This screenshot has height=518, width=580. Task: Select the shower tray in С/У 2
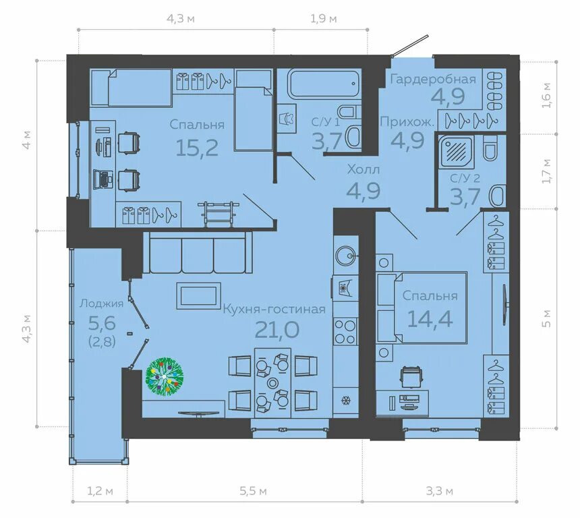[x=456, y=150]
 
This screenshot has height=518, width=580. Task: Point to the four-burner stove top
[x=345, y=332]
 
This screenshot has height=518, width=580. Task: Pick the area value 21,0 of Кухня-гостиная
[x=277, y=329]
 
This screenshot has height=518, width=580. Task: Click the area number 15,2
[x=197, y=147]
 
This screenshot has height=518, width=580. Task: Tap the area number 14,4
[x=430, y=318]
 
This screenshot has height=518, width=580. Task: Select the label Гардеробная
[x=433, y=79]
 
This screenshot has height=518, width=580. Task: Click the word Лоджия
[x=101, y=304]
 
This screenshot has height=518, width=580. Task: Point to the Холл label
[x=364, y=170]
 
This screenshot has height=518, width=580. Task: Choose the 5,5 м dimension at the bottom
[x=253, y=492]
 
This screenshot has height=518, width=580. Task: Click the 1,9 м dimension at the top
[x=324, y=18]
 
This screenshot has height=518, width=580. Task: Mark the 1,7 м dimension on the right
[x=547, y=171]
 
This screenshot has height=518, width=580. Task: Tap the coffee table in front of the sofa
[x=199, y=295]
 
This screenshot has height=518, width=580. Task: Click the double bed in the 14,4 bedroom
[x=422, y=308]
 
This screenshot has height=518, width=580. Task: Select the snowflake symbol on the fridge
[x=346, y=401]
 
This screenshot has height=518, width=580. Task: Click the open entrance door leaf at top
[x=410, y=45]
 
